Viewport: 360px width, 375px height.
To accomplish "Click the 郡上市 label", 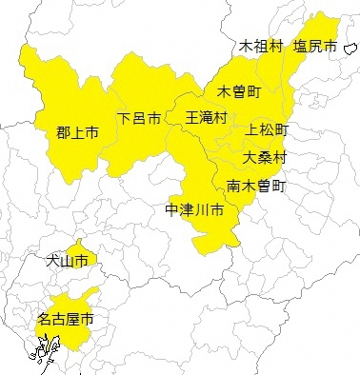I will coord(77,133).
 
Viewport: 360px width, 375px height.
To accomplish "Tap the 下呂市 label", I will coord(139,119).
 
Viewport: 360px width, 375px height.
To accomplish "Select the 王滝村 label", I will coord(207,118).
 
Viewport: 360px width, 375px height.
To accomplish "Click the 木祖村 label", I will coord(261,46).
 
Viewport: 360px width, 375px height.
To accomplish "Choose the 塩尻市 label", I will coord(316,46).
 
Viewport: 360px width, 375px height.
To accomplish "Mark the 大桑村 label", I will coord(265,157).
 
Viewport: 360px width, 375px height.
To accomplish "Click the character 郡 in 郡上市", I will coord(63,133).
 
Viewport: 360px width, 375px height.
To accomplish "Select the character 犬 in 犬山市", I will coord(53,259).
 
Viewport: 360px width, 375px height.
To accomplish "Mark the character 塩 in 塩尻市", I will coord(301,46).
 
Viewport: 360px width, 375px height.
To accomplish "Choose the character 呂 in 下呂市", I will coord(139,119).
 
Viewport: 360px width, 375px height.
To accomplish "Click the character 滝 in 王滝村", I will coord(207,118).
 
